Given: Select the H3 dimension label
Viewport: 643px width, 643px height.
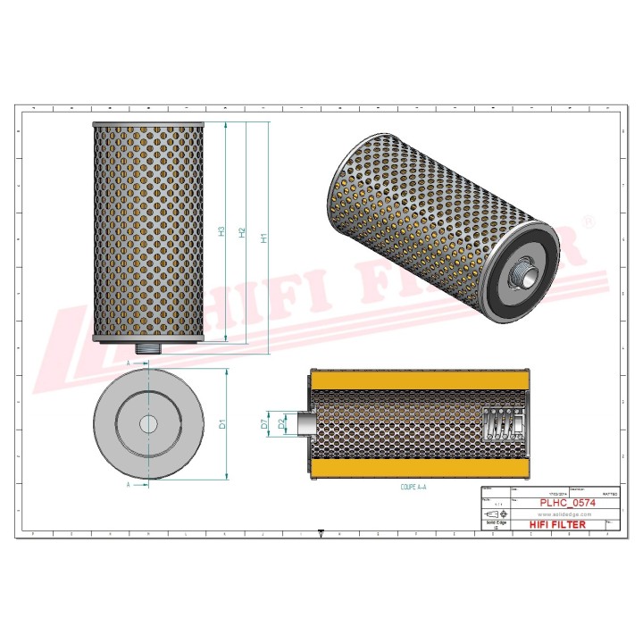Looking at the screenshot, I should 221,230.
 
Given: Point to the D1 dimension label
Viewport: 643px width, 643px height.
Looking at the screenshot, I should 224,424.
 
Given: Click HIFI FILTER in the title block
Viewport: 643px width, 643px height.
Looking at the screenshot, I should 559,524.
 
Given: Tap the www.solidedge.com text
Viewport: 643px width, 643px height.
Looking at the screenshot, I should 560,514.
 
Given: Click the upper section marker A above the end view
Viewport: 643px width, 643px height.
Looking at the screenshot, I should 128,365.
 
